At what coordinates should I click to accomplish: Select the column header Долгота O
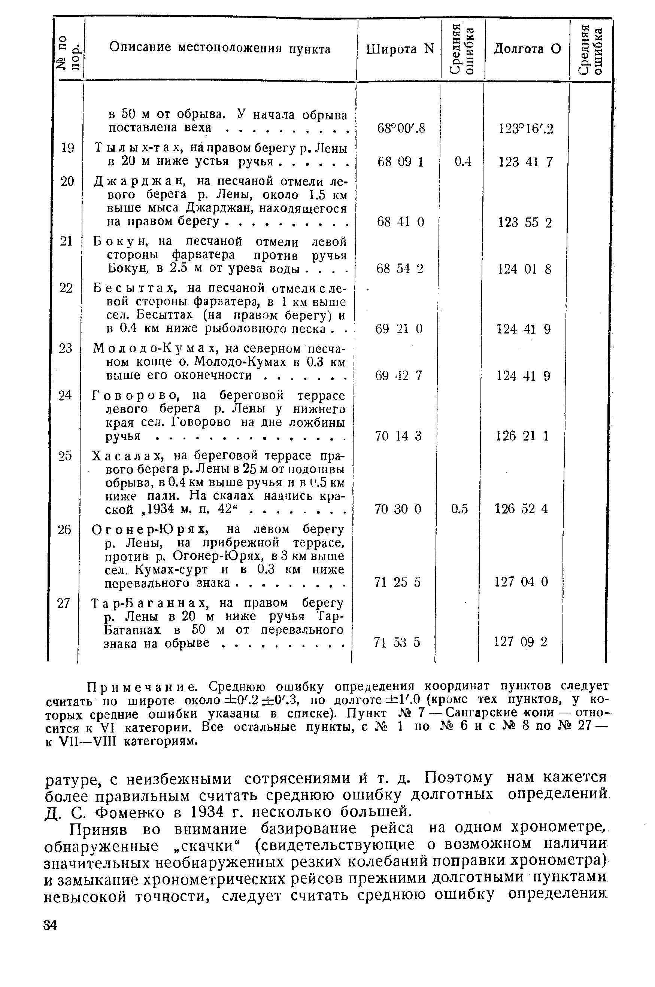coord(527,49)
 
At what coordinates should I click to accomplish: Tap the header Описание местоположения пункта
coord(220,49)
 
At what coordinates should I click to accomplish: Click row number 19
coord(67,148)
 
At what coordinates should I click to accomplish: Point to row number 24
coord(65,395)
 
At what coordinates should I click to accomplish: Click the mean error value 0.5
coord(460,509)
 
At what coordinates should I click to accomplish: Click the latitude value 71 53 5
coord(397,642)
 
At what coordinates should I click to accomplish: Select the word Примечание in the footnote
coord(144,686)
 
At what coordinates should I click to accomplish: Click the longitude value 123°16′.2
coord(526,129)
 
